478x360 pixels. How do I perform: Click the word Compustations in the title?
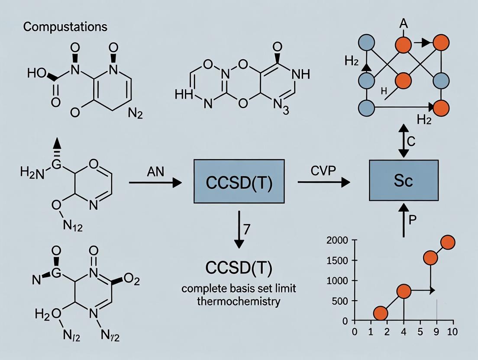tap(65, 27)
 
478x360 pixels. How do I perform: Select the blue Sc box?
tap(403, 180)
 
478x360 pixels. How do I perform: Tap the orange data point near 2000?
tap(448, 242)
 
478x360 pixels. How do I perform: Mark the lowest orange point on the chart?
tap(381, 312)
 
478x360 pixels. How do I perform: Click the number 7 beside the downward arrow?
tap(247, 230)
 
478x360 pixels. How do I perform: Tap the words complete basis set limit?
tap(239, 288)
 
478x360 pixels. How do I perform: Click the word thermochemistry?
tap(239, 301)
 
